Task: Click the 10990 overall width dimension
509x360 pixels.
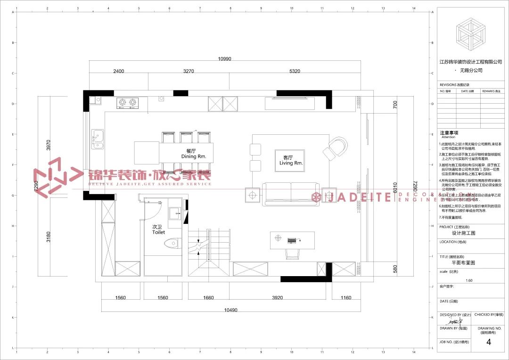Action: (x=224, y=59)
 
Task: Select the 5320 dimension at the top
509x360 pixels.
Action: (x=295, y=71)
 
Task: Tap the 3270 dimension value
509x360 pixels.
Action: (x=189, y=71)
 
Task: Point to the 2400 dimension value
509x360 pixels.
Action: (x=119, y=71)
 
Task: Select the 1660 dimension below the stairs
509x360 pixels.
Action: (x=208, y=298)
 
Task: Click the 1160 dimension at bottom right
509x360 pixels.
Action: (x=346, y=298)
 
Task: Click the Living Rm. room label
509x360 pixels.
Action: (x=290, y=160)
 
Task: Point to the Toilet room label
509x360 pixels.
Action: (x=158, y=229)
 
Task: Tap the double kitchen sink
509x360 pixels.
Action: (x=98, y=139)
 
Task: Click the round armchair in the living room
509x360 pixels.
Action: (x=336, y=147)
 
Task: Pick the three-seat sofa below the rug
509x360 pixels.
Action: (x=290, y=194)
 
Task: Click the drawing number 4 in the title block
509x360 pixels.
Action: (x=488, y=343)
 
